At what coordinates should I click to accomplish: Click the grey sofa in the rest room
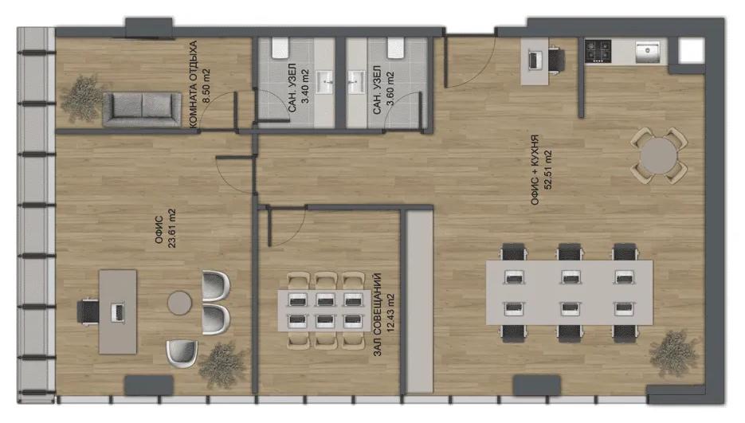(142, 109)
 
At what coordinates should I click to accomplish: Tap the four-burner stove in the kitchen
(598, 51)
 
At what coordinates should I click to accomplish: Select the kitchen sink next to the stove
(648, 51)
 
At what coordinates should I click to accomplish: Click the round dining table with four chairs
(658, 156)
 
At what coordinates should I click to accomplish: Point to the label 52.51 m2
(548, 170)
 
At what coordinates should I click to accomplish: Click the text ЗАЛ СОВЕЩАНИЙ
(378, 314)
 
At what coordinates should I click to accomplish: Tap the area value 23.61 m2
(171, 228)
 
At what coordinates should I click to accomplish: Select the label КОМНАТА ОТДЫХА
(193, 84)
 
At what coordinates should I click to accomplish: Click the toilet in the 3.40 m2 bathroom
(280, 49)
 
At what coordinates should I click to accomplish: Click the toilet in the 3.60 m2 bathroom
(395, 48)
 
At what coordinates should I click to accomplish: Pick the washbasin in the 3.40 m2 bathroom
(326, 82)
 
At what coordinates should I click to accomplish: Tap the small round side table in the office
(179, 302)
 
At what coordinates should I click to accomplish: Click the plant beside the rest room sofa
(82, 99)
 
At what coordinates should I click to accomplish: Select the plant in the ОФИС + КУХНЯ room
(674, 354)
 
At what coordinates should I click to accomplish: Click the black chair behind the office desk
(88, 311)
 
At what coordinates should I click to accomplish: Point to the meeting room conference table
(325, 311)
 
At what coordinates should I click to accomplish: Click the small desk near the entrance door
(535, 62)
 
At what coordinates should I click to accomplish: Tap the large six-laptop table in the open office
(569, 292)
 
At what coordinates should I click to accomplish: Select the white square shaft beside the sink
(692, 50)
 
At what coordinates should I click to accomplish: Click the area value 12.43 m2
(391, 313)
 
